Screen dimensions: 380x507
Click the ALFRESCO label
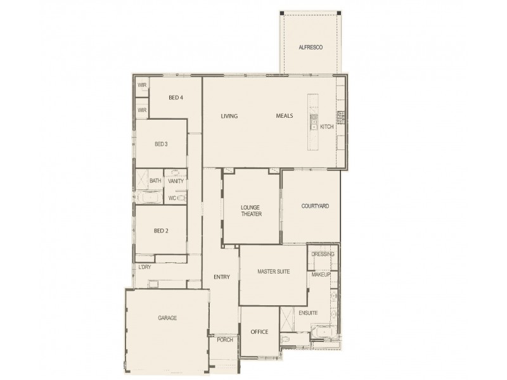click(x=311, y=47)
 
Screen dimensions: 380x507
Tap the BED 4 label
click(x=176, y=98)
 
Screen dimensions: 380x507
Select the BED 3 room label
click(x=161, y=144)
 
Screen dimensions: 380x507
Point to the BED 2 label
click(x=161, y=230)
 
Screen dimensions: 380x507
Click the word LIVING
click(x=229, y=116)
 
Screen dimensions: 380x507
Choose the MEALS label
click(x=285, y=116)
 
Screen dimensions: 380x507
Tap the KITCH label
click(x=326, y=127)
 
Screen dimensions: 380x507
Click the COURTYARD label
click(x=314, y=206)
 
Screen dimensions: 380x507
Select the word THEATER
click(x=252, y=214)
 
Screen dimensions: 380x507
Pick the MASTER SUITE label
click(x=273, y=271)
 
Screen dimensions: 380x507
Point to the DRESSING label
click(x=323, y=254)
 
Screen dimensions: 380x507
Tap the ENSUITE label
click(x=308, y=313)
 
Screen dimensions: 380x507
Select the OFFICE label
click(x=259, y=332)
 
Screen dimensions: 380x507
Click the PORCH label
click(x=224, y=339)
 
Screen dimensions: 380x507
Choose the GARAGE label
click(x=167, y=317)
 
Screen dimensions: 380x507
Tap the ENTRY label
click(x=222, y=277)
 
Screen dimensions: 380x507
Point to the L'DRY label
click(x=144, y=267)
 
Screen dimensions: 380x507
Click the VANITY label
click(x=176, y=181)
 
